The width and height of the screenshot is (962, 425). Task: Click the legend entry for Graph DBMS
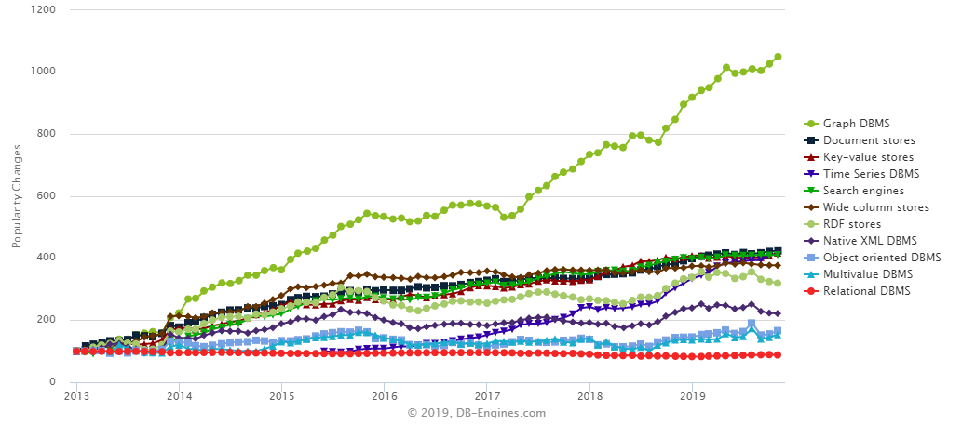click(x=854, y=124)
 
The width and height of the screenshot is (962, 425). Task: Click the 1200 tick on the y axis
click(x=47, y=10)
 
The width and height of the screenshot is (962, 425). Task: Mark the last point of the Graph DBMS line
click(x=778, y=57)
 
